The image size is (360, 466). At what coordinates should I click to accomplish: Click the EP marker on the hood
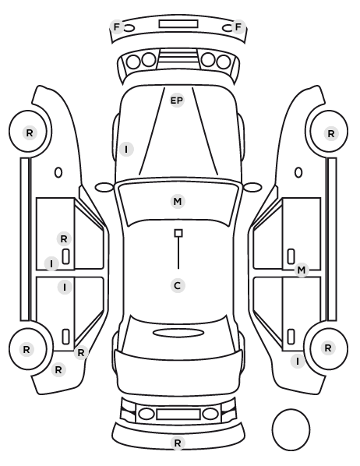(177, 101)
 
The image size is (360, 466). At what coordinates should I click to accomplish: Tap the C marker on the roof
(178, 286)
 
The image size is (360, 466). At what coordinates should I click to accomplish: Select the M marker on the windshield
(178, 202)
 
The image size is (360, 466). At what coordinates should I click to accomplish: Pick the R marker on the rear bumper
(178, 443)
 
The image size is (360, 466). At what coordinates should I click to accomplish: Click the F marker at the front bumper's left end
(117, 27)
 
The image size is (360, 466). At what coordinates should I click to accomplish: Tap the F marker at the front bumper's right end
(238, 27)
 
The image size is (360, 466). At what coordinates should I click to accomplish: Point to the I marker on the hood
(126, 149)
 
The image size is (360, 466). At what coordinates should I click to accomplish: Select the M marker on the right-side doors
(302, 270)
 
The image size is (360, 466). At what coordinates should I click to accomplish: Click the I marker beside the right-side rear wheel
(298, 361)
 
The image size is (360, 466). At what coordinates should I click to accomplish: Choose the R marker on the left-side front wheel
(30, 132)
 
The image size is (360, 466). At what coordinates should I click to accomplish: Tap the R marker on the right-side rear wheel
(328, 348)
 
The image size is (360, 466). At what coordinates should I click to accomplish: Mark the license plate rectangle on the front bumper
(178, 24)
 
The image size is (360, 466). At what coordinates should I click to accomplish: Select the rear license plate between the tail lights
(178, 414)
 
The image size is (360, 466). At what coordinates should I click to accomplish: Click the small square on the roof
(178, 233)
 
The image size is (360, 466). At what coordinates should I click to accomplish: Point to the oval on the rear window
(178, 333)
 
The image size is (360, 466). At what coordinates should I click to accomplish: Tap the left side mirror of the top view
(104, 188)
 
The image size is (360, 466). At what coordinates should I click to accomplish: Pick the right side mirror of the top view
(252, 187)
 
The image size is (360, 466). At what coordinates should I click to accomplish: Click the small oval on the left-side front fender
(58, 172)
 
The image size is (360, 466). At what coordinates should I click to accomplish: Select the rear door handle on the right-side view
(291, 337)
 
